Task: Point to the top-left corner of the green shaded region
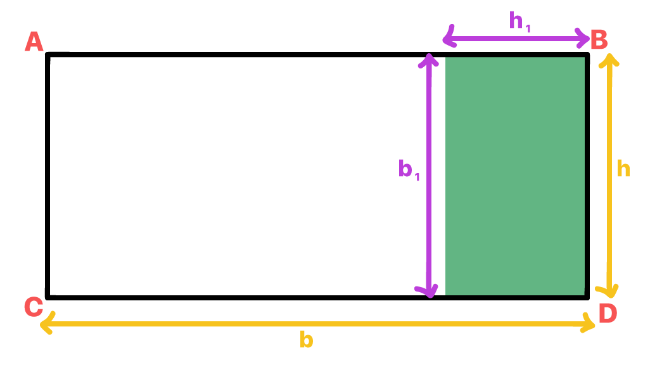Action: [x=445, y=57]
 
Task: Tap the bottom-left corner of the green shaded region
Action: [x=445, y=295]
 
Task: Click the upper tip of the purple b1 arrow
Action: [x=429, y=54]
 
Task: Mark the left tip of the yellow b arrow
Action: [x=41, y=324]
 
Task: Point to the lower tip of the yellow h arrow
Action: [x=609, y=297]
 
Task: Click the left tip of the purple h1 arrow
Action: [x=443, y=39]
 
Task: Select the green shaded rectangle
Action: [x=515, y=176]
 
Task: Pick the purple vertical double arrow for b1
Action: [x=429, y=176]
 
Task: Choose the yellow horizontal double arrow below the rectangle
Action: [x=317, y=324]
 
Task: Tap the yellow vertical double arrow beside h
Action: [x=609, y=175]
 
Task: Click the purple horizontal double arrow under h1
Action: [x=516, y=39]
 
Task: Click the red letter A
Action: [x=34, y=42]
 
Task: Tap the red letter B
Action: [x=599, y=40]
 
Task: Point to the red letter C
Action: [x=34, y=307]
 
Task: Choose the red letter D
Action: [x=608, y=313]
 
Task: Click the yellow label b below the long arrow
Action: [x=307, y=340]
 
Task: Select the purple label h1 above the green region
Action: [x=519, y=21]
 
